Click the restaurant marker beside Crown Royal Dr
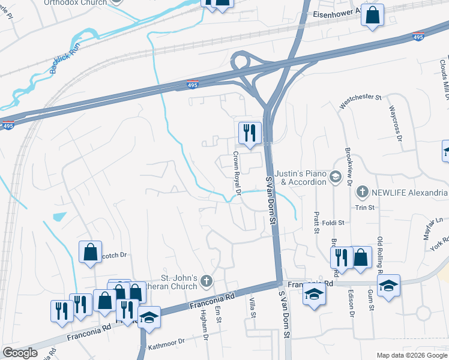coord(250,133)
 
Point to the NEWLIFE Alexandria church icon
coord(362,192)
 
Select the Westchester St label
coord(360,101)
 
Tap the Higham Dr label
coord(205,329)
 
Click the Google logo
coord(20,353)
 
